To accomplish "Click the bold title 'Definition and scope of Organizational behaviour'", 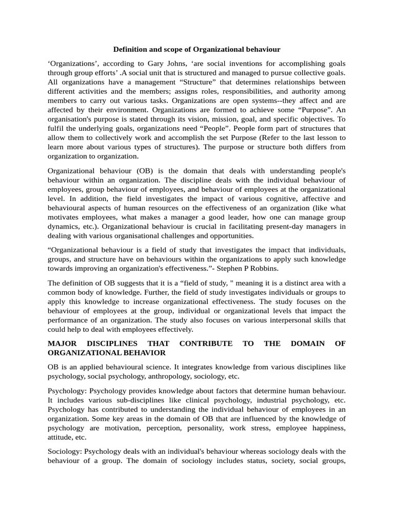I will tap(196, 49).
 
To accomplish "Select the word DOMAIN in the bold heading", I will tap(308, 344).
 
